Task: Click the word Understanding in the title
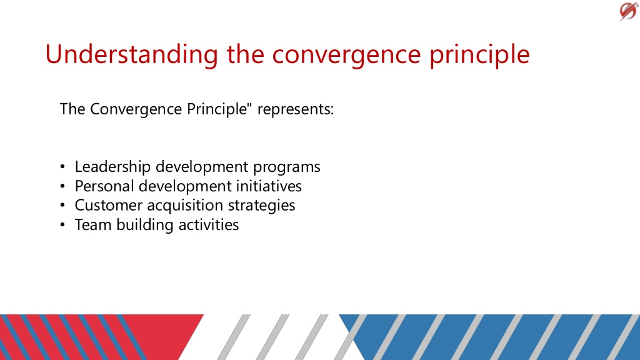[131, 54]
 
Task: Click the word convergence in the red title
[346, 55]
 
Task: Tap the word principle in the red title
[479, 55]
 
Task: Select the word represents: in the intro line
[296, 109]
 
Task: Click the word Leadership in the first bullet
[112, 167]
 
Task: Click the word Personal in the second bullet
[104, 186]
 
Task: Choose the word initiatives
[269, 186]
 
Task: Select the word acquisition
[185, 205]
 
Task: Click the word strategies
[261, 205]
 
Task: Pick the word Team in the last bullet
[93, 225]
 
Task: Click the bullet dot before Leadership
[62, 166]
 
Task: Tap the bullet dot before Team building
[62, 224]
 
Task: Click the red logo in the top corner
[628, 11]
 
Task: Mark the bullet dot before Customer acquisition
[62, 205]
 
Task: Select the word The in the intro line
[72, 109]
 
